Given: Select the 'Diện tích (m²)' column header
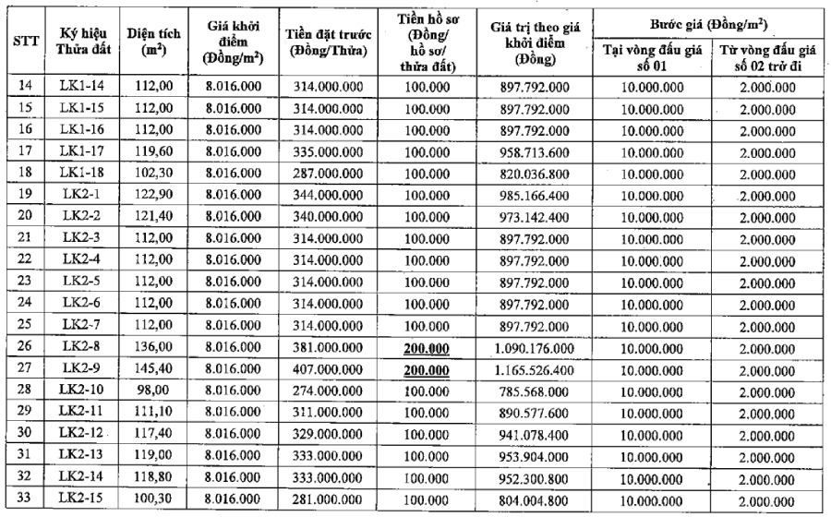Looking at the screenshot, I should [154, 43].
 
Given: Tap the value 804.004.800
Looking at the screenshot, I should [535, 499].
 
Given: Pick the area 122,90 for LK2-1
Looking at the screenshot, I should [154, 194].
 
